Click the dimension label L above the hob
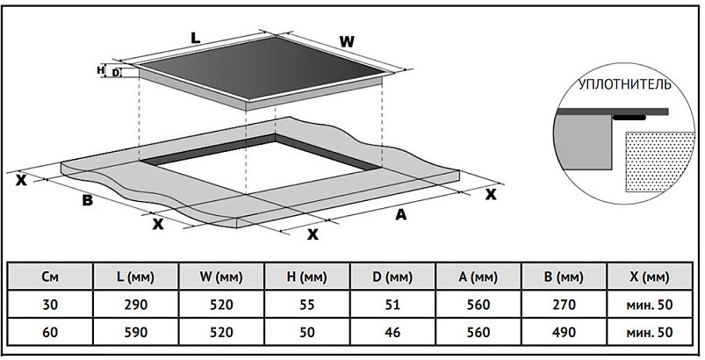(x=196, y=38)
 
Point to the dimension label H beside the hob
(x=101, y=68)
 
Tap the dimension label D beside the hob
(x=116, y=73)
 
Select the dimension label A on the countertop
(x=400, y=213)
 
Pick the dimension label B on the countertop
(x=87, y=200)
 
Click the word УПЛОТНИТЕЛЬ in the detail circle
(x=623, y=85)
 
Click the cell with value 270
(x=564, y=306)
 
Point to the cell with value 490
(x=564, y=334)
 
